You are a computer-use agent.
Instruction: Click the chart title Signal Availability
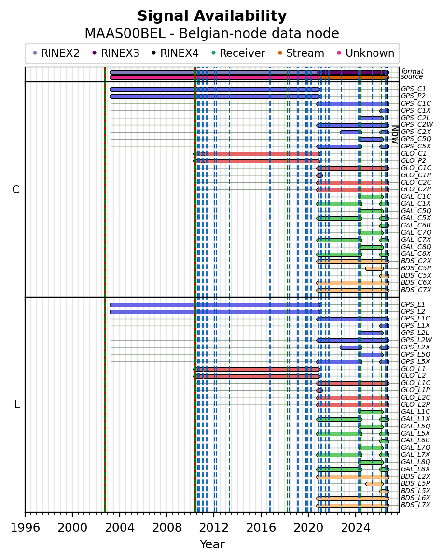(212, 16)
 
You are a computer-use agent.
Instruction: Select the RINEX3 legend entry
(115, 53)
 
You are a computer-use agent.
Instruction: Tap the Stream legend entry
(301, 53)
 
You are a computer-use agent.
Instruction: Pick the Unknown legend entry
(366, 53)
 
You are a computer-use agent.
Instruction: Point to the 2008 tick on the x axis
(166, 514)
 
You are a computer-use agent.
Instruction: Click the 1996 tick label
(25, 527)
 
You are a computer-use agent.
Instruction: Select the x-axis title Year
(212, 544)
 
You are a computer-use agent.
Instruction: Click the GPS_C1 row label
(414, 89)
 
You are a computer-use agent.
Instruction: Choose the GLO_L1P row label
(415, 390)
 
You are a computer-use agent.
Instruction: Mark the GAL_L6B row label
(415, 440)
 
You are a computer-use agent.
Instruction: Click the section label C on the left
(16, 190)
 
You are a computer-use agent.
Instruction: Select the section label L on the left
(16, 405)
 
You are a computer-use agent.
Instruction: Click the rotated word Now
(395, 134)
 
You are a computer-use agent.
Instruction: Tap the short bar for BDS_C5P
(374, 268)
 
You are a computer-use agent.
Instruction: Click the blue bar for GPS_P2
(215, 96)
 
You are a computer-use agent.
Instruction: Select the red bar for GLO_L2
(257, 376)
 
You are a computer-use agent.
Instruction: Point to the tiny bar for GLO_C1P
(319, 175)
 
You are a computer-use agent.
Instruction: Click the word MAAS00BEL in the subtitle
(125, 34)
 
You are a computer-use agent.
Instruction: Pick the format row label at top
(412, 71)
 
